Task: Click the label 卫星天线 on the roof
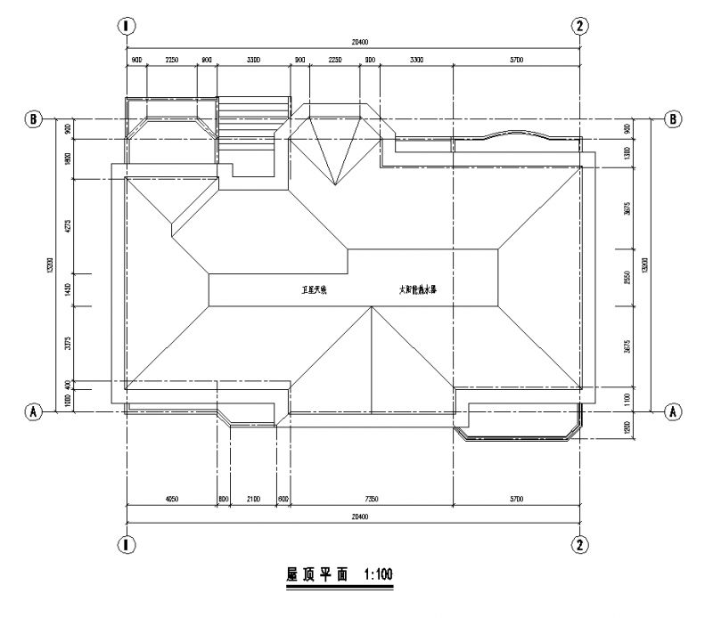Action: coord(313,290)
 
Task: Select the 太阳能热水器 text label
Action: coord(417,289)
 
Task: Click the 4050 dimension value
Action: coord(171,500)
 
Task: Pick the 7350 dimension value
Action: coord(371,500)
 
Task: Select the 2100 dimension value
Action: coord(254,500)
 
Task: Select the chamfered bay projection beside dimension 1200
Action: coord(517,432)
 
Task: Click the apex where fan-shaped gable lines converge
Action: coord(334,185)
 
